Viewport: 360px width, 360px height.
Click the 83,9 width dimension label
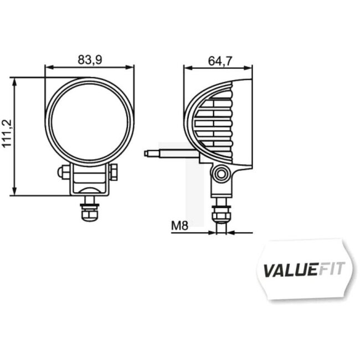[x=90, y=59]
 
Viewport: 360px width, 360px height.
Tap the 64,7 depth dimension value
[x=220, y=60]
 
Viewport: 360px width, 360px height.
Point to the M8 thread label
[x=179, y=225]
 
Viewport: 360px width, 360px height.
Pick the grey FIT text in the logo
[x=331, y=269]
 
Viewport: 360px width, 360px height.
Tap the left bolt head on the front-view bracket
[x=62, y=173]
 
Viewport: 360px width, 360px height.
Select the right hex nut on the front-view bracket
[x=114, y=173]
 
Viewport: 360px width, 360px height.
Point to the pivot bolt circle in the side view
[x=222, y=174]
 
